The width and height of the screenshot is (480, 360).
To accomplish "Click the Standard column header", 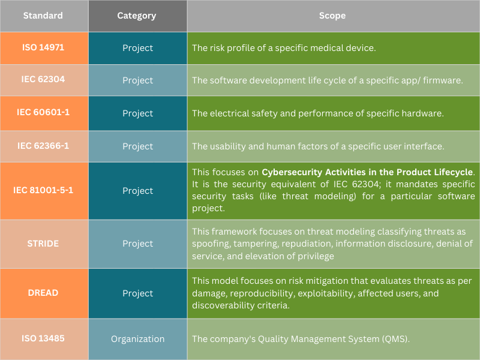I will tap(43, 16).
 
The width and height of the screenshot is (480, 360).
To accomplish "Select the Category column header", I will tap(137, 16).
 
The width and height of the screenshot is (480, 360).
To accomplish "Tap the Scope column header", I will tap(332, 16).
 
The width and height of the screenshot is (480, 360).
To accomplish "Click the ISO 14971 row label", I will tap(43, 47).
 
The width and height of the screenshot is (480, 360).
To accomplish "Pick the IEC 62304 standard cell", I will tap(43, 79).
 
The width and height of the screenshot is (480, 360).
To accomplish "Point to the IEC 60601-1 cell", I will tap(43, 112).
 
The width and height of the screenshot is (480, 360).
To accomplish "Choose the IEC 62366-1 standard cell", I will tap(43, 145).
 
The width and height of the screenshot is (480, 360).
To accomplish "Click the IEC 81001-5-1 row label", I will tap(43, 190).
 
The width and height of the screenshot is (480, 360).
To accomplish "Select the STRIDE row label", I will tap(43, 243).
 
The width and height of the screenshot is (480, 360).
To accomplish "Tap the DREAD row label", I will tap(43, 293).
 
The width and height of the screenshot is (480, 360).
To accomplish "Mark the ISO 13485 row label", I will tap(43, 338).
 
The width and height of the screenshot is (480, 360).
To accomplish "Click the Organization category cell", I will tap(137, 339).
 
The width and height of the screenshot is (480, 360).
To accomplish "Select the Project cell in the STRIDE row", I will tap(137, 244).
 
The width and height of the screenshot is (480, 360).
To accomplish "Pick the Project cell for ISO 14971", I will tap(137, 48).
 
